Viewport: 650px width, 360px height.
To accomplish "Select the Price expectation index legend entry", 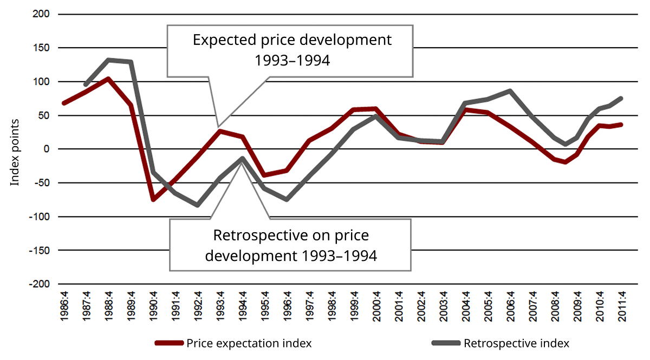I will (249, 343).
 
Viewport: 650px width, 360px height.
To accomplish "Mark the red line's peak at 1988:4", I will (109, 79).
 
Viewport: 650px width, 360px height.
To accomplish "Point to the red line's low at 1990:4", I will (153, 200).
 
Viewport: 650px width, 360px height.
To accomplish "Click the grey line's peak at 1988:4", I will (109, 60).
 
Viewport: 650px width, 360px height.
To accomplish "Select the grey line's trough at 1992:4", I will (198, 205).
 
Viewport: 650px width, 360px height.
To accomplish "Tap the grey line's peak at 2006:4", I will (510, 91).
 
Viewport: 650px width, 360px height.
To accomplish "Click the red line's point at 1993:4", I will (220, 131).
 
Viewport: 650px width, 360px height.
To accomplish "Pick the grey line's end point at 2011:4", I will (621, 98).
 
